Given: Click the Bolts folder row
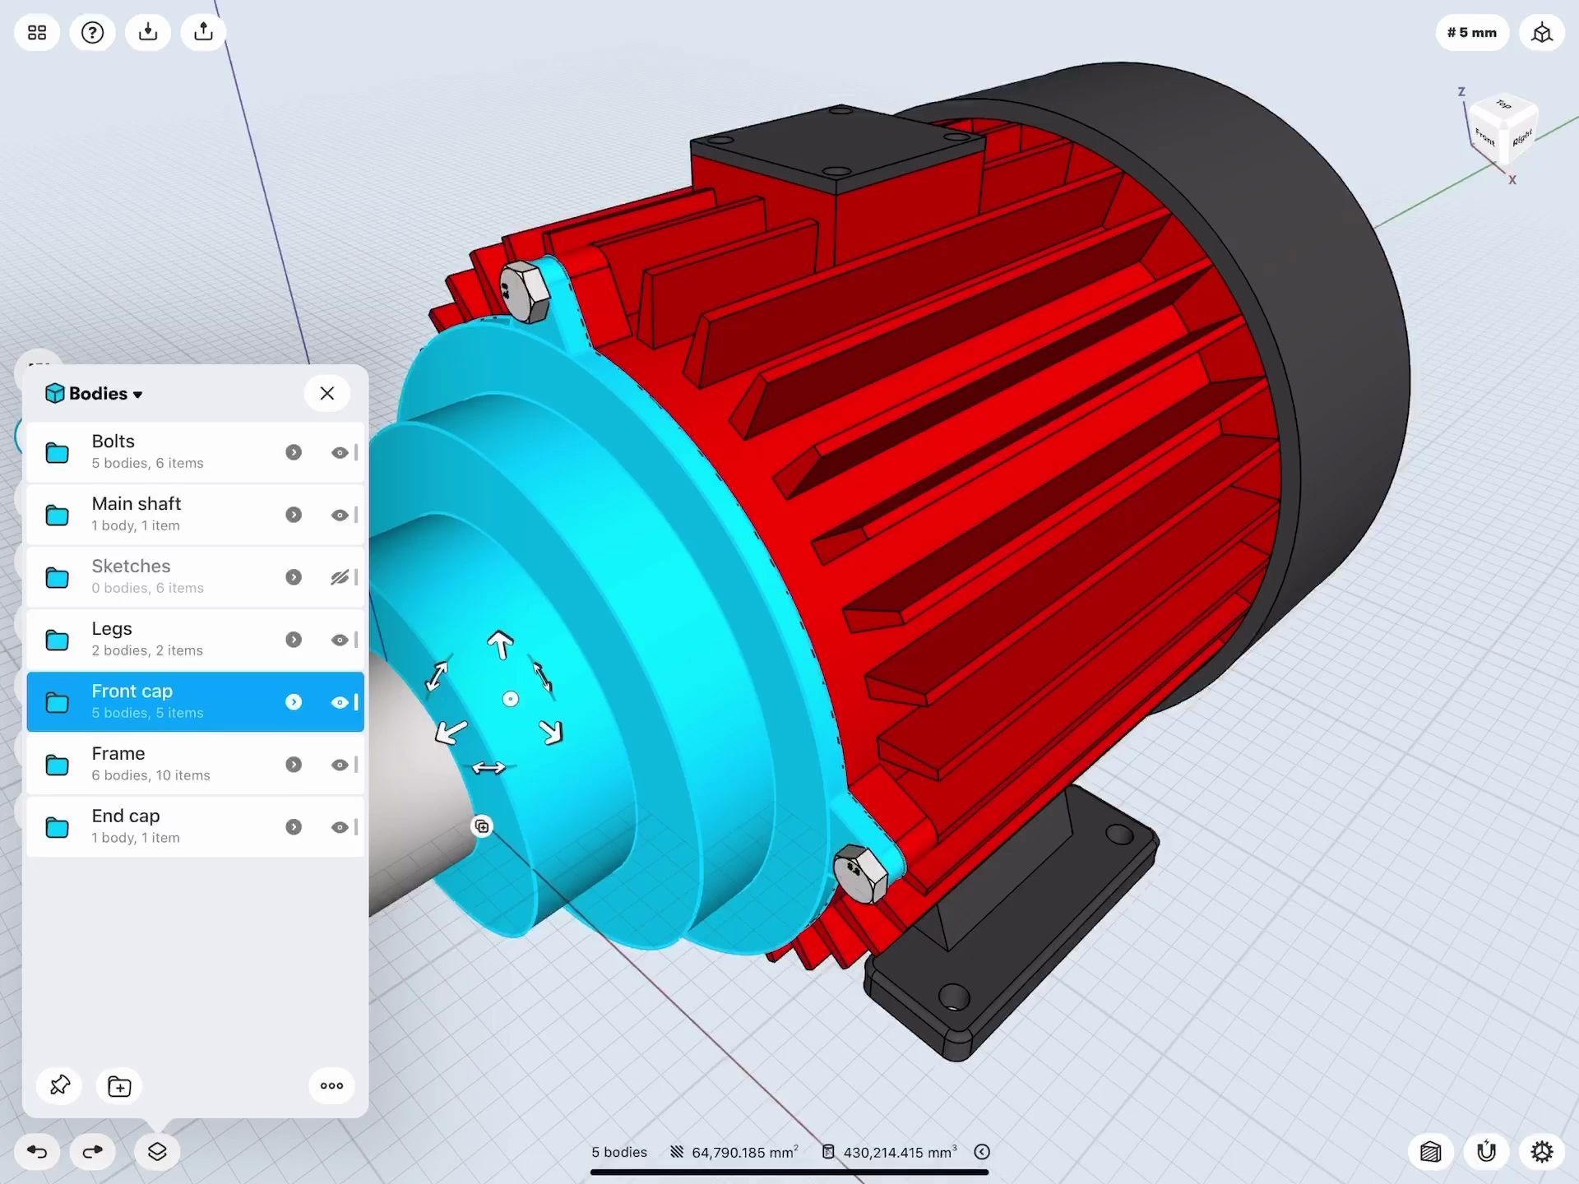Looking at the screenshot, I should pos(164,452).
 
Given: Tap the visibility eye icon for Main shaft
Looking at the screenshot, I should pos(339,515).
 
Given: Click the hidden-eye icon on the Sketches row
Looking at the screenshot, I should pos(339,577).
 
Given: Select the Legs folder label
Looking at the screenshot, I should pos(112,629).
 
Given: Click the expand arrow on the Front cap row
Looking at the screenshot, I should pos(294,702).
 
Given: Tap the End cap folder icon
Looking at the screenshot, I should pos(57,827).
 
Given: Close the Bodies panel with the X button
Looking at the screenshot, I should pos(326,393).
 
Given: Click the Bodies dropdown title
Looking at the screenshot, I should pos(95,394).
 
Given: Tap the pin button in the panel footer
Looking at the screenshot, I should pos(60,1085).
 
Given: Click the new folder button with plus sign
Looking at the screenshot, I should pos(119,1086).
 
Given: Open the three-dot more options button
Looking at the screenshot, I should pos(331,1086).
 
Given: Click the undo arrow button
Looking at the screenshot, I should pos(37,1151).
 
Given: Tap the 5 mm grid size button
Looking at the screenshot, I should pos(1471,33).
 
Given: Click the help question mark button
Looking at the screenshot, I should pos(92,33).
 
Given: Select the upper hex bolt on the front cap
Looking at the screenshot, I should pos(524,292).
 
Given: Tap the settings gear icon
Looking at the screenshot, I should pos(1541,1151).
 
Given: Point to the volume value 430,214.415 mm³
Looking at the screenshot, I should pos(898,1153).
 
